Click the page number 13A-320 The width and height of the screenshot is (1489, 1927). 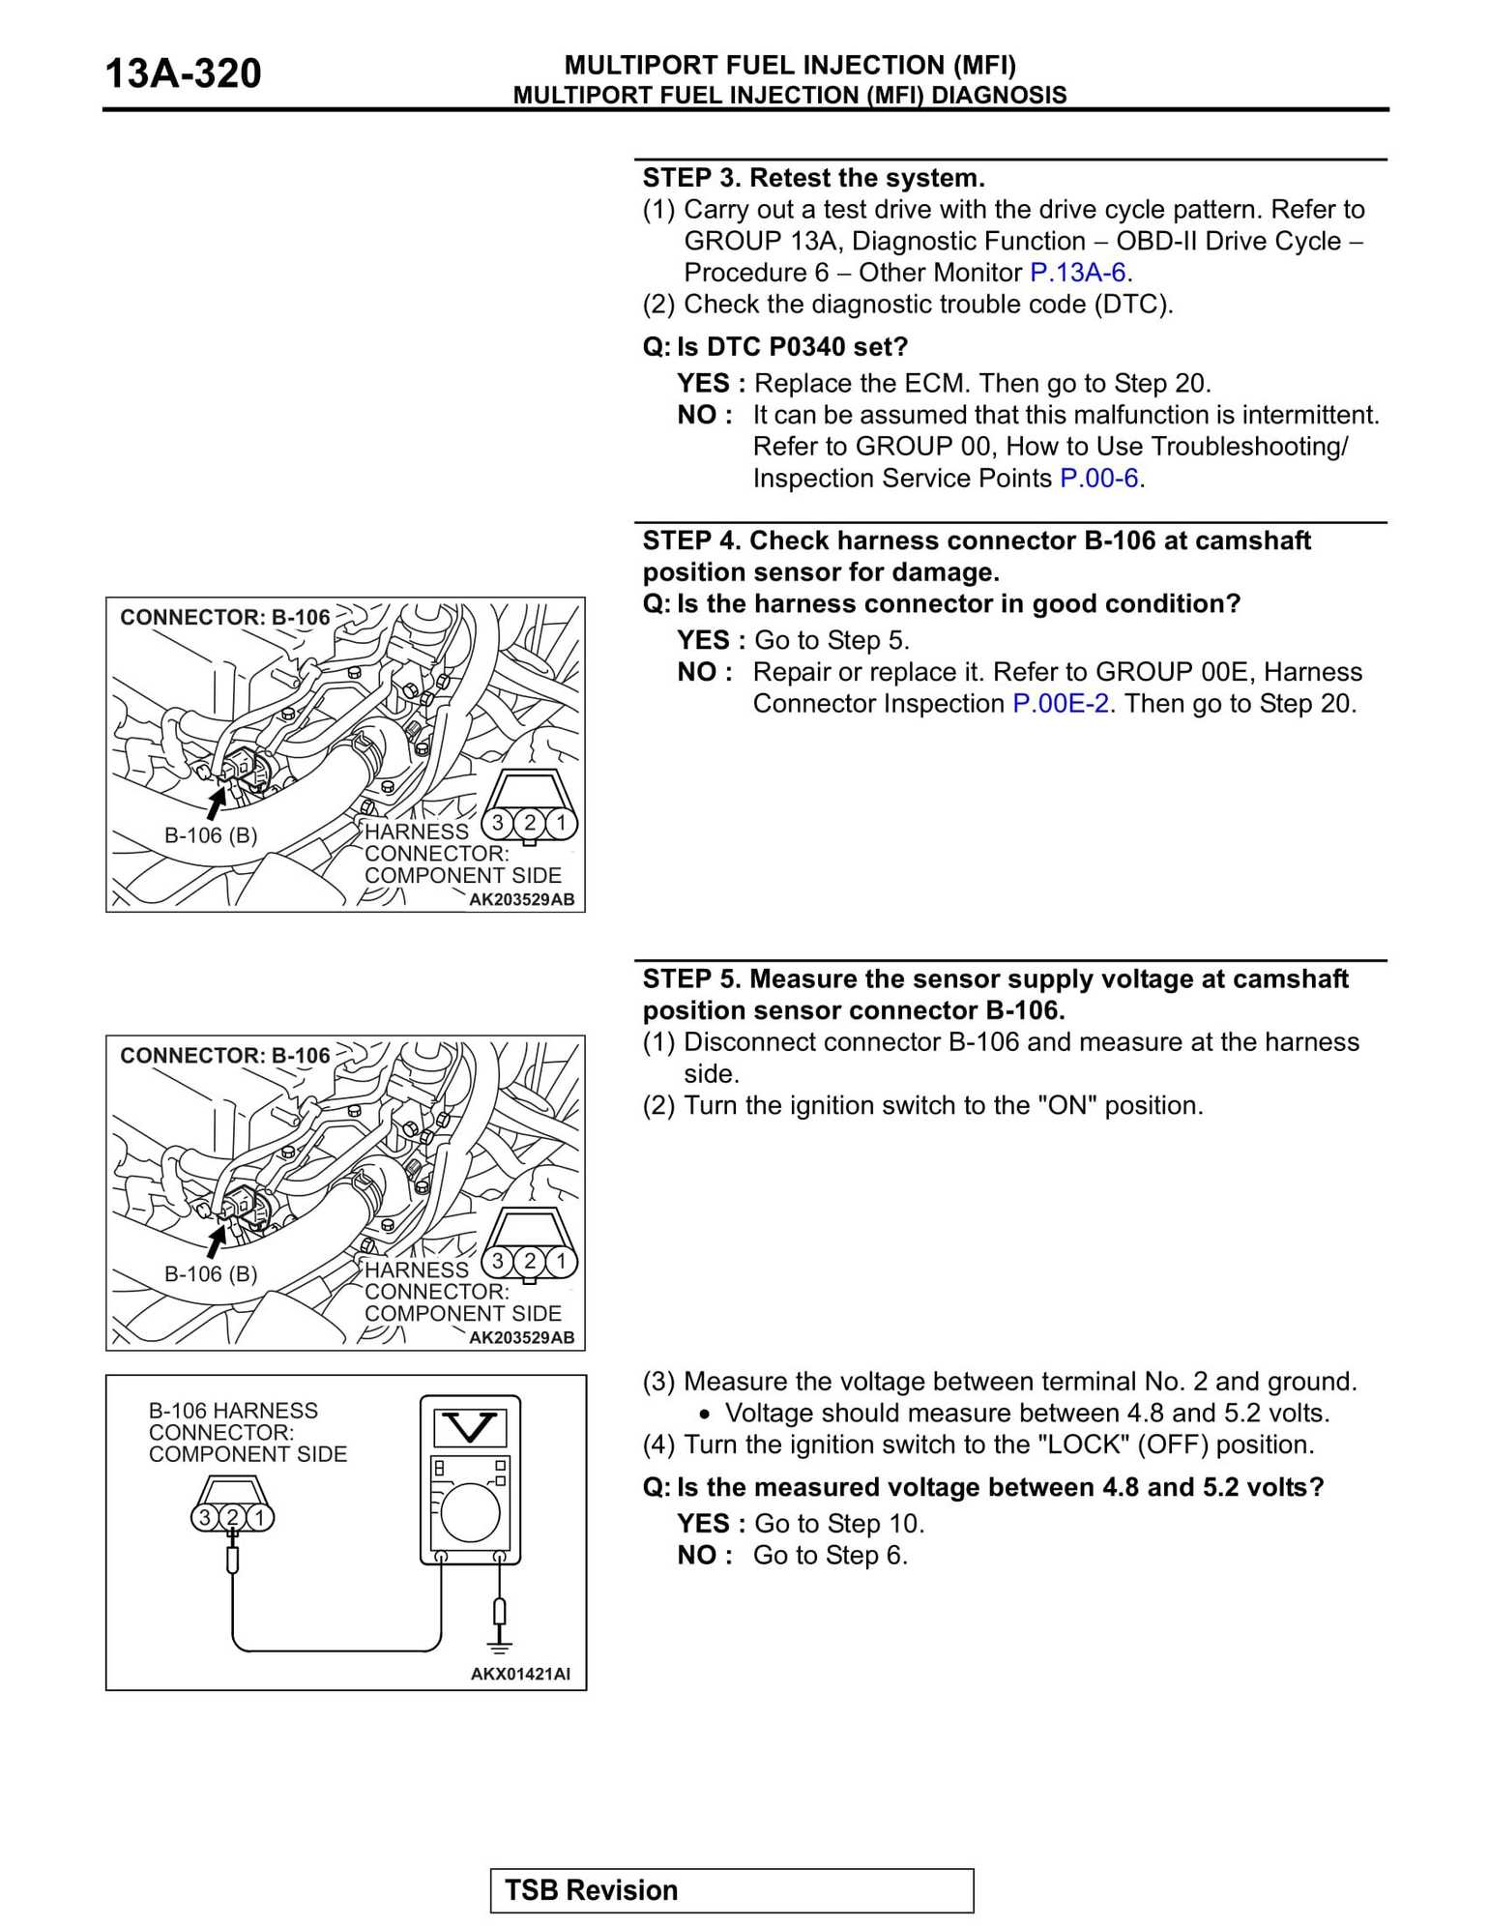(x=183, y=74)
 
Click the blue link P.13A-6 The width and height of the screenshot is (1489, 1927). (x=1077, y=273)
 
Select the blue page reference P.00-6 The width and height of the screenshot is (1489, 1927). (x=1098, y=479)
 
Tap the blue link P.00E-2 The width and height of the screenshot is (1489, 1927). (x=1060, y=704)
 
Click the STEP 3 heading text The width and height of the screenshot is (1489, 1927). (x=813, y=178)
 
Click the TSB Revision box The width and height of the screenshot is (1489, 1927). (x=731, y=1890)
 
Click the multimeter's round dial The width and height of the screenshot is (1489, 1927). (x=470, y=1512)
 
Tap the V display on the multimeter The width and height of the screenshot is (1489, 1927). (x=470, y=1427)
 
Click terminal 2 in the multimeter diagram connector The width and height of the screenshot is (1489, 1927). (x=232, y=1517)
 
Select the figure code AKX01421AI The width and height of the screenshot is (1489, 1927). (x=520, y=1674)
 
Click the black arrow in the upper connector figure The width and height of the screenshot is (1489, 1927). (x=217, y=802)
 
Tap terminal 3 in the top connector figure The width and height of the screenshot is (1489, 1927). (x=498, y=823)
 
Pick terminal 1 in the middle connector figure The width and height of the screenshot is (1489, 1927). (x=561, y=1261)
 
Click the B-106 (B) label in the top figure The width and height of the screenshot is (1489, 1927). (x=211, y=835)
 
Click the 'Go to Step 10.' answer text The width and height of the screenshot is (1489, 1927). (x=839, y=1524)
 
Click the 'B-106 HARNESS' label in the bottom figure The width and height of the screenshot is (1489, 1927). (x=233, y=1411)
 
